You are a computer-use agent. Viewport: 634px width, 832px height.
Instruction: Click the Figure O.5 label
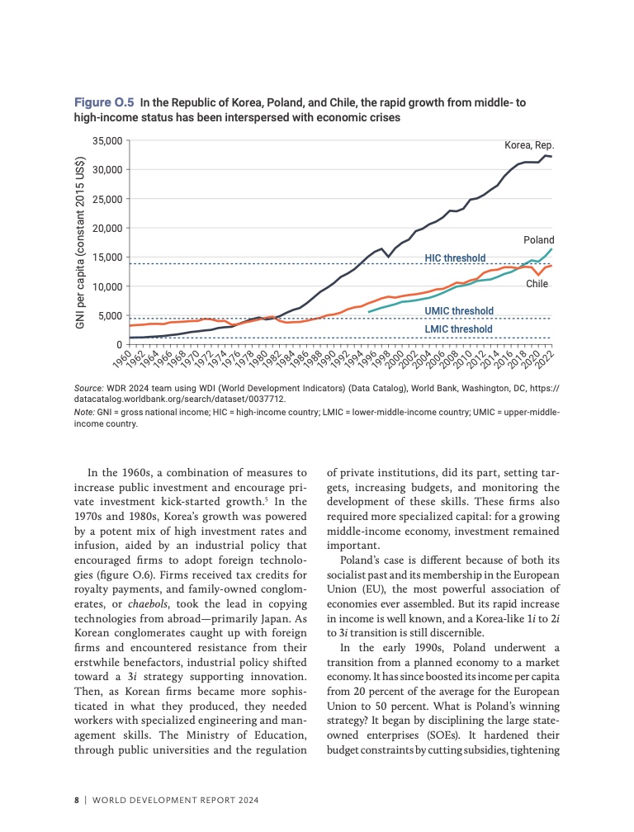(x=104, y=103)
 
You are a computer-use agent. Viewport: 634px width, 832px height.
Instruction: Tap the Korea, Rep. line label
(x=529, y=145)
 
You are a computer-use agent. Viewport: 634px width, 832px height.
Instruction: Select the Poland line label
(x=538, y=239)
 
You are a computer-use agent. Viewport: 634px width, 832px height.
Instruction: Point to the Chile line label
(x=537, y=284)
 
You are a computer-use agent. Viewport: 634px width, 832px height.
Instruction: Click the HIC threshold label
(x=455, y=258)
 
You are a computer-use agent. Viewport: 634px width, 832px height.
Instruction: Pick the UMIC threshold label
(x=459, y=311)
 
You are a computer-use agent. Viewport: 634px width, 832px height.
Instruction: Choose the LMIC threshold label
(x=458, y=329)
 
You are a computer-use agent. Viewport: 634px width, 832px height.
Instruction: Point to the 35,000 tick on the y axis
(x=108, y=141)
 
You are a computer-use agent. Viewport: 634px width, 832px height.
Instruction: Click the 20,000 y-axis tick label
(x=108, y=229)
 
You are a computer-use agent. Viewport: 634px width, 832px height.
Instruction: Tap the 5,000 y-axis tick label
(x=111, y=316)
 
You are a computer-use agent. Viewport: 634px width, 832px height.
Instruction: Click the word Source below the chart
(x=88, y=386)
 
